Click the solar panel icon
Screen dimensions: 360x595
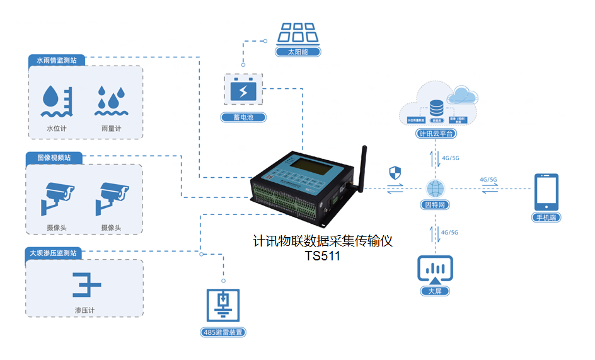click(298, 32)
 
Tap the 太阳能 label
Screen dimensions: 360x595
click(298, 52)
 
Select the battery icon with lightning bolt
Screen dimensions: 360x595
click(243, 90)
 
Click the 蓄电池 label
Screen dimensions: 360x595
click(243, 117)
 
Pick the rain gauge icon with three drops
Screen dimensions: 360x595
click(110, 102)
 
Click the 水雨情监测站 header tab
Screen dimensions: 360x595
click(56, 61)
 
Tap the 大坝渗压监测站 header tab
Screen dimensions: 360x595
click(54, 253)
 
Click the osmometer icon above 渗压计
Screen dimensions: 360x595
click(86, 284)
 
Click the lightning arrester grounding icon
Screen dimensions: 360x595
click(223, 305)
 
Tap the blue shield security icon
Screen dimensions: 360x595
click(395, 172)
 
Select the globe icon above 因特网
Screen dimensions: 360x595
click(435, 188)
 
